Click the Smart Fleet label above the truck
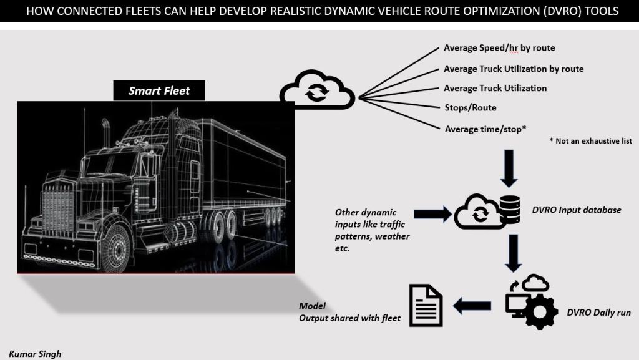(159, 91)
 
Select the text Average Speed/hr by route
(499, 48)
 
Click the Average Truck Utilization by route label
(513, 69)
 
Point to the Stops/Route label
(470, 108)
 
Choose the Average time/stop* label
(485, 129)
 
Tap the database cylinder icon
(510, 210)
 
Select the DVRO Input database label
(576, 210)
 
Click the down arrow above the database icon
(509, 168)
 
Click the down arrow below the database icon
(513, 253)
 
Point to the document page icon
(425, 305)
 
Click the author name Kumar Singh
(36, 354)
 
